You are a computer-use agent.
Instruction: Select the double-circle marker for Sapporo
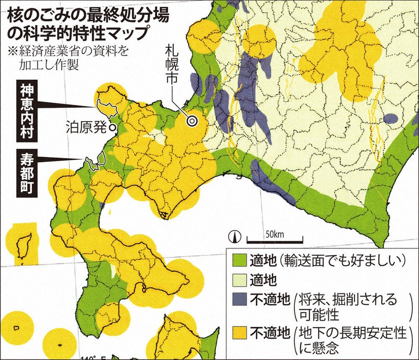(192, 121)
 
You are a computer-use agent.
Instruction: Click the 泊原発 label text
(86, 126)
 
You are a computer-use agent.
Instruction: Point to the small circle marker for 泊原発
(112, 126)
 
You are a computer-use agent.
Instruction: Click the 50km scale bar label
(274, 233)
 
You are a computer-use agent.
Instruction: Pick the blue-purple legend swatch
(239, 300)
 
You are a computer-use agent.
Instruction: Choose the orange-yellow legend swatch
(239, 331)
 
